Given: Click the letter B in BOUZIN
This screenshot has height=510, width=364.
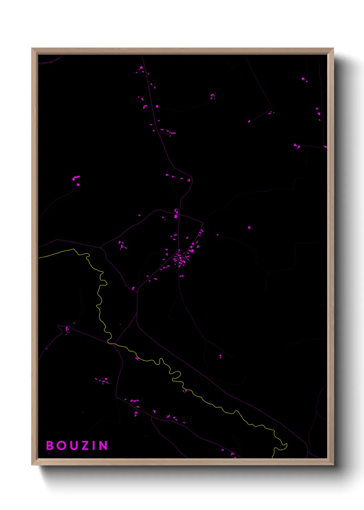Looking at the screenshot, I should (50, 446).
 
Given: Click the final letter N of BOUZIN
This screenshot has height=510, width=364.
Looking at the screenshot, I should (103, 446).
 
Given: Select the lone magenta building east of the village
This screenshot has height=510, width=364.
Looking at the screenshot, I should (249, 227).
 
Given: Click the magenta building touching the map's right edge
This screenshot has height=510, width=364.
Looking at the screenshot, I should (325, 147).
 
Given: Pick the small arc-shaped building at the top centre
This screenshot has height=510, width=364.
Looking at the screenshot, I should (212, 96).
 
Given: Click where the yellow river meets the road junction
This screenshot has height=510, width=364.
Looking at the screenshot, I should (111, 343).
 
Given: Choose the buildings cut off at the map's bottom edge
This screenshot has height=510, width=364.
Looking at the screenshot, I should (233, 455).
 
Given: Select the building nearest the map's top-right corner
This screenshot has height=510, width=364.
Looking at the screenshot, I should (303, 79).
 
